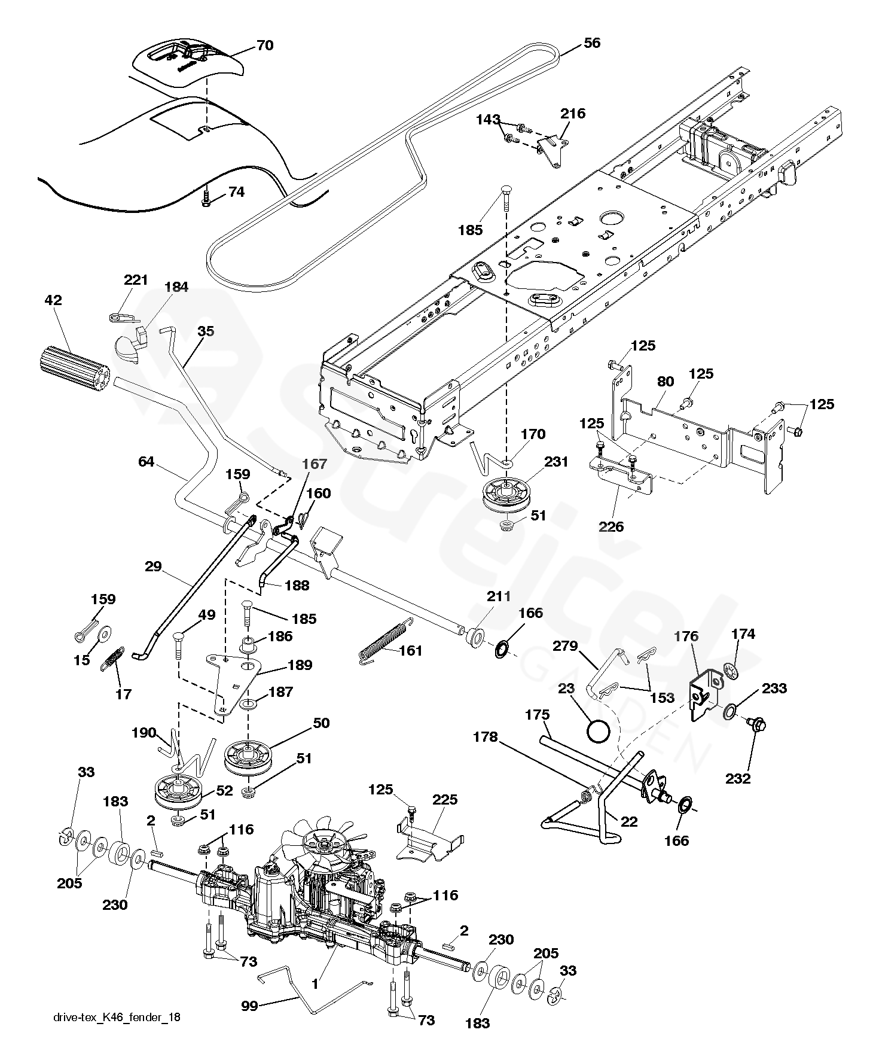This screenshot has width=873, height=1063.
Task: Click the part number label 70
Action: (x=264, y=45)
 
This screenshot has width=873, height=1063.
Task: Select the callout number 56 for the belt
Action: (x=591, y=43)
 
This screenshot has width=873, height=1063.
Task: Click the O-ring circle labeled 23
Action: (x=599, y=730)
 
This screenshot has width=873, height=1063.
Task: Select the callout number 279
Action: (x=566, y=646)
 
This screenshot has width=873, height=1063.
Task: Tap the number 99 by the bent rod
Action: (x=250, y=1006)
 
